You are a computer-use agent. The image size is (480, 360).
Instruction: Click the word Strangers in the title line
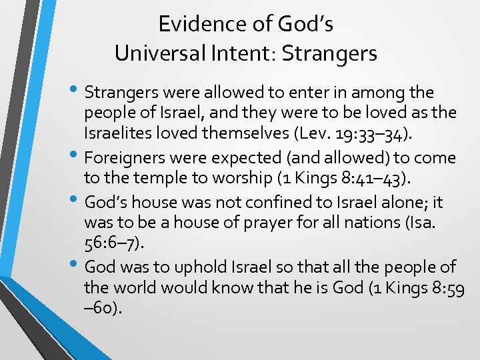[x=329, y=53]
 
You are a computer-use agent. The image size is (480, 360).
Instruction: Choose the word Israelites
[x=122, y=135]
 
